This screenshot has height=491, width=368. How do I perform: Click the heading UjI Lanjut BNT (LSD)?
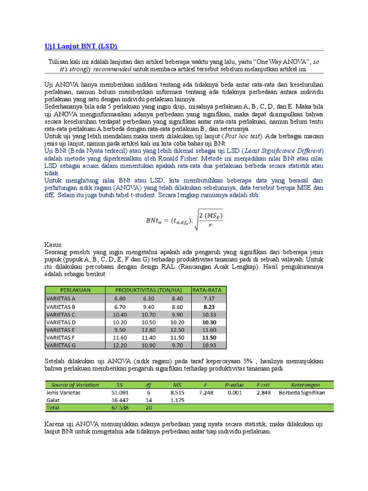click(78, 46)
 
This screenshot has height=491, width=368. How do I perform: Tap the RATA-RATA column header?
click(208, 290)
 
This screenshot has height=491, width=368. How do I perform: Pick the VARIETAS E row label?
click(61, 330)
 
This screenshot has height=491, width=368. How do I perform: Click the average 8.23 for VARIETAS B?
click(209, 306)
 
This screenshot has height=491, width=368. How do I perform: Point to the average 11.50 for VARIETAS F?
click(209, 338)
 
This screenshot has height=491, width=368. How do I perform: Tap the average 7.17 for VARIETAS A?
click(209, 298)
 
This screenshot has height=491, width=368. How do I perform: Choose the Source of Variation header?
click(75, 385)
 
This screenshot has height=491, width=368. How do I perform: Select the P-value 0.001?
click(234, 392)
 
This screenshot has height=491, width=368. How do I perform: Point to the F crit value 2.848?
click(264, 392)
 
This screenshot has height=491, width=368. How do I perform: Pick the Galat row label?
click(53, 400)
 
